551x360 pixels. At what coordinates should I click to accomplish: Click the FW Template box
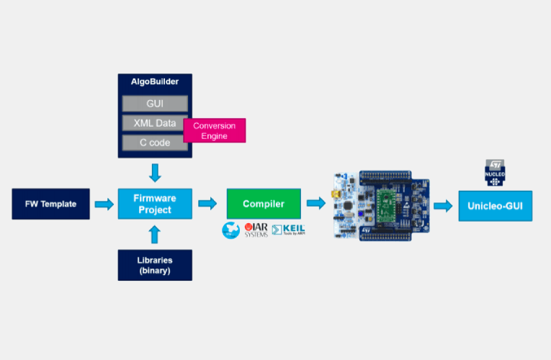click(x=50, y=204)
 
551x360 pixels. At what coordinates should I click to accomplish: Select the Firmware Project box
click(x=155, y=204)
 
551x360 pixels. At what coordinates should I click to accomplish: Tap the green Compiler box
click(x=263, y=204)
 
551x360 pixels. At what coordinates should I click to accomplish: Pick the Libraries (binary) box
click(x=155, y=264)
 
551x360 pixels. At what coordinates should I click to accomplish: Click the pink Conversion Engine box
click(x=215, y=130)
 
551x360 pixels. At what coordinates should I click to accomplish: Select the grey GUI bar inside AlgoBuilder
click(x=155, y=104)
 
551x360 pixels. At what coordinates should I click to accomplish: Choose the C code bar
click(x=155, y=143)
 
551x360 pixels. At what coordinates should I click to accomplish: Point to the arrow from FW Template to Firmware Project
click(x=104, y=204)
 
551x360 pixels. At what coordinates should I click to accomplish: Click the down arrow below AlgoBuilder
click(x=155, y=173)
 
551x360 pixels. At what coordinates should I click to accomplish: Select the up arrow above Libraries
click(x=155, y=235)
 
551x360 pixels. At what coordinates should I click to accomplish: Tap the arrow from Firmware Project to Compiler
click(x=207, y=204)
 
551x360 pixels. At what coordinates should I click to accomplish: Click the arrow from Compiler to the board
click(x=315, y=204)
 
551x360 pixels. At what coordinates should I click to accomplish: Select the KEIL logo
click(x=288, y=230)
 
